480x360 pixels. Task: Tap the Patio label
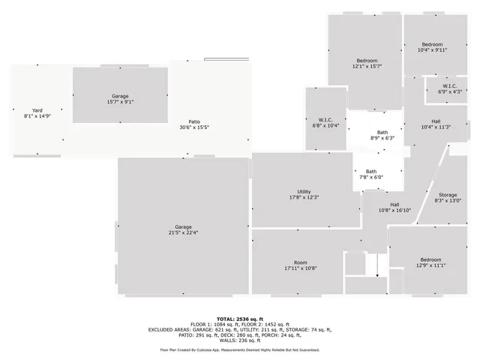(194, 121)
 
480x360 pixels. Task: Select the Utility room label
(304, 191)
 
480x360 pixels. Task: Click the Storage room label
(448, 195)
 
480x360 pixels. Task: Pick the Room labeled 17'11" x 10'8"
(301, 262)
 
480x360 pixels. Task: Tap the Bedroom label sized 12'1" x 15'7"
(367, 60)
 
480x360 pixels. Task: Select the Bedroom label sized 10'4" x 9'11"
(432, 44)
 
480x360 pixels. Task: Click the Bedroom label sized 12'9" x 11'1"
(430, 259)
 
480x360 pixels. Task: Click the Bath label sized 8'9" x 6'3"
(382, 133)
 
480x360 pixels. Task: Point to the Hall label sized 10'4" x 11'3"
(436, 121)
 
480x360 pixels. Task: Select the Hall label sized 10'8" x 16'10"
(394, 204)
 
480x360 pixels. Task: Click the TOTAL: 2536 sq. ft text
(240, 319)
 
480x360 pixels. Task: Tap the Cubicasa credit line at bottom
(240, 349)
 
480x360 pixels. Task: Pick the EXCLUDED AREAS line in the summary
(240, 329)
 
